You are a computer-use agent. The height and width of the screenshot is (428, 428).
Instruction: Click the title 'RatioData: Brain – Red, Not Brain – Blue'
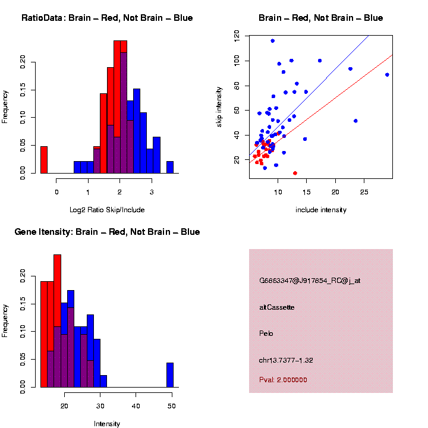tap(107, 18)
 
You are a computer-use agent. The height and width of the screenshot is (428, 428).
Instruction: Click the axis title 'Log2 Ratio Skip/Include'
tap(107, 209)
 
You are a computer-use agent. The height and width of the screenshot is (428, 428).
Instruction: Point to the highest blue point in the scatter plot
tap(272, 40)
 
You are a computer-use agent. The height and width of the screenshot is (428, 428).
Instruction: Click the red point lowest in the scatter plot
tap(295, 173)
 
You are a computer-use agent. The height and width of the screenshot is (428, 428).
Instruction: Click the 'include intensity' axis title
tap(320, 209)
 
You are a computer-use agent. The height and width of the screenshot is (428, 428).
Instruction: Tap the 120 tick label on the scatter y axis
tap(236, 36)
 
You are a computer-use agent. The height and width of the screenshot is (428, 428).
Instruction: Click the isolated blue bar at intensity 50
tap(170, 374)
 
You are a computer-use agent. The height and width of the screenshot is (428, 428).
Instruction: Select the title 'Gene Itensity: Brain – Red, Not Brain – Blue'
tap(107, 232)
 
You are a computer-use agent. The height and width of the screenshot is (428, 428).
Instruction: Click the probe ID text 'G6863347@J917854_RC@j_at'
tap(309, 281)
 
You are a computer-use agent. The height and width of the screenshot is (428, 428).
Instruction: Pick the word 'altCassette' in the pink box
tap(276, 307)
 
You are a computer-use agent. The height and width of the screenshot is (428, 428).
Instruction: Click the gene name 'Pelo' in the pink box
tap(266, 333)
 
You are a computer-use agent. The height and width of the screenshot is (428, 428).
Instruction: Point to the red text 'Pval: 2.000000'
tap(283, 380)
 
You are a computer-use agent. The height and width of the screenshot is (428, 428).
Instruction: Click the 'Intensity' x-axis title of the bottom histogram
tap(107, 424)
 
